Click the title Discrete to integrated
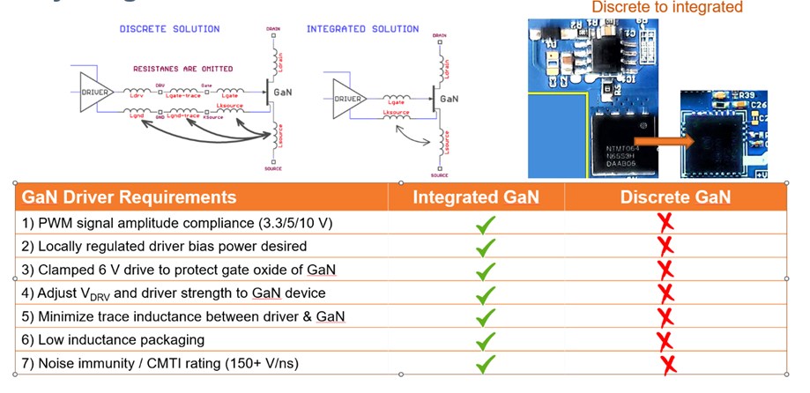667,8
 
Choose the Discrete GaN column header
675,197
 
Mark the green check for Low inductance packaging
485,339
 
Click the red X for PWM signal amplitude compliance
666,223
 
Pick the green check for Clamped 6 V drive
485,270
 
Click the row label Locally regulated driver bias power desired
164,246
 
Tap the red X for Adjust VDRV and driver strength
666,293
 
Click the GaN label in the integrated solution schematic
449,100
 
